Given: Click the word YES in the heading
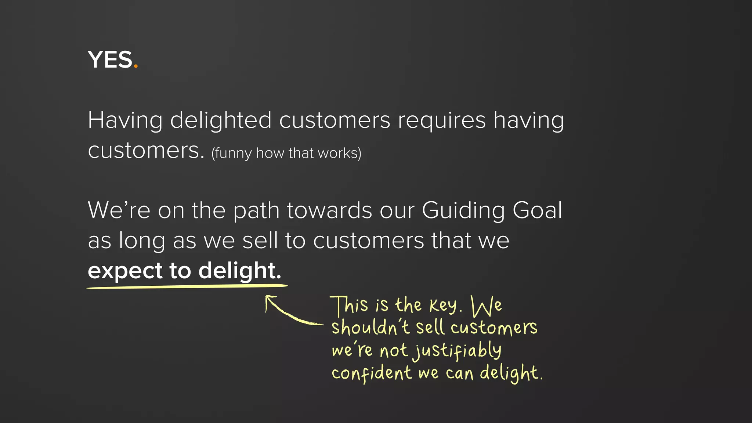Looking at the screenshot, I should click(109, 60).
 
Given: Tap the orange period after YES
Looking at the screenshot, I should click(136, 66).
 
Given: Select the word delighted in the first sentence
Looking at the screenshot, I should click(221, 121).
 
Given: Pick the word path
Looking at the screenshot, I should click(256, 211).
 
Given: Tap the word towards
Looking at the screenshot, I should click(329, 210).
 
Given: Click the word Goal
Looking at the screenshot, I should click(537, 210).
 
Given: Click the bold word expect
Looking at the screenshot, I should click(125, 271).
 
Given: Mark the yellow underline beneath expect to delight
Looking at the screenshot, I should click(187, 286).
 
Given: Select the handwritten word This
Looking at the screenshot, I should click(349, 305).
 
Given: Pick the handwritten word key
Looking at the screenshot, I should click(444, 305).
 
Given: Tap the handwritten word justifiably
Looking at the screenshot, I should click(458, 351).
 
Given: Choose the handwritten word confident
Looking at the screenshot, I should click(372, 373).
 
